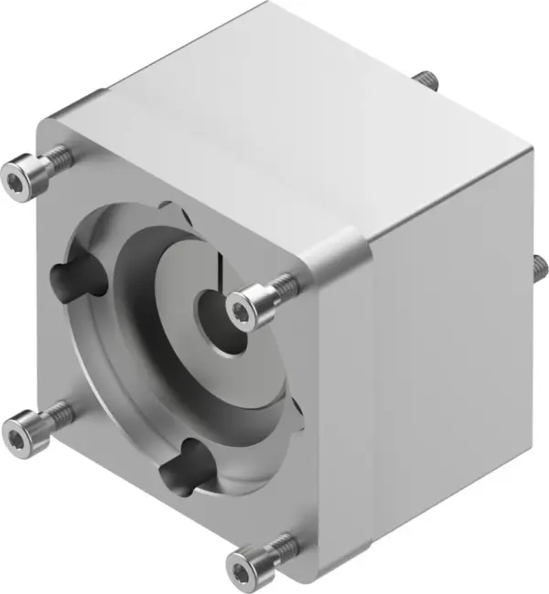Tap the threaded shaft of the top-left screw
[57, 157]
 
